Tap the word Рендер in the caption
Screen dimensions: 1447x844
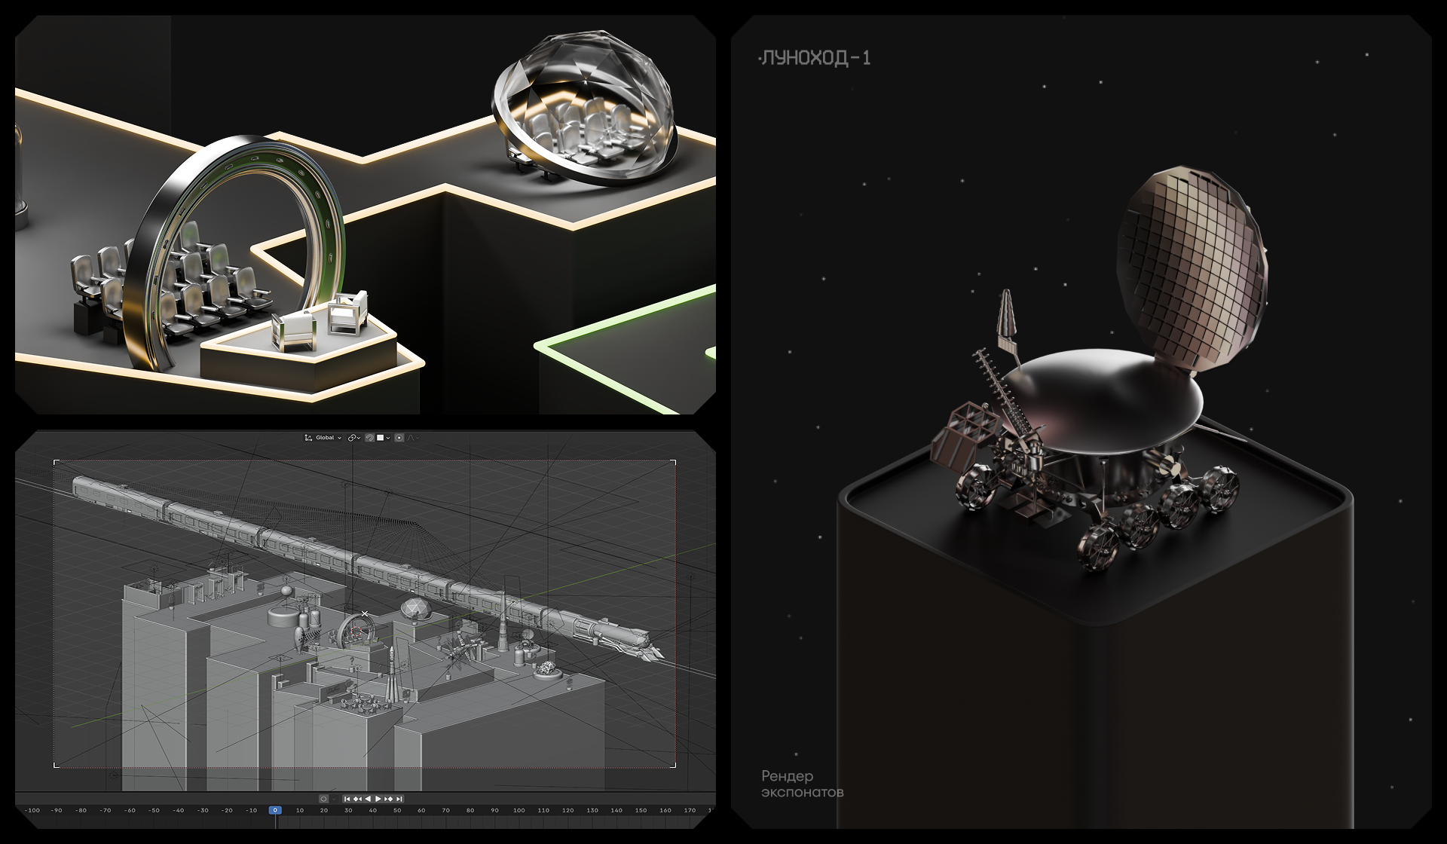click(x=787, y=776)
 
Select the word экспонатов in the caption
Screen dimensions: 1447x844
click(x=802, y=793)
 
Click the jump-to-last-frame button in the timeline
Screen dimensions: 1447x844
click(x=399, y=799)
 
